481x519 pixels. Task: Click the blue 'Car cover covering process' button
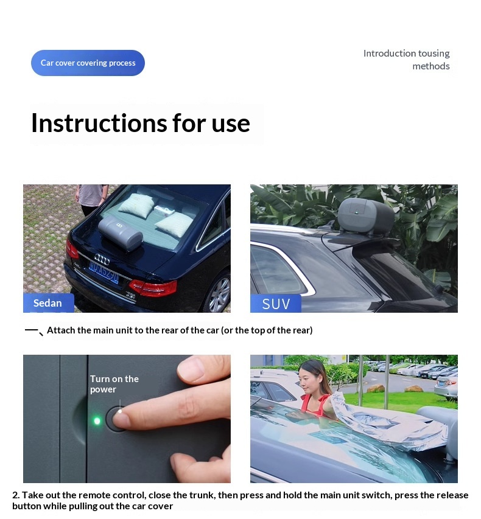88,63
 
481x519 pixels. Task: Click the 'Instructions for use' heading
141,123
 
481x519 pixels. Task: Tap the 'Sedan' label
47,303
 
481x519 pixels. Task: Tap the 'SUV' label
276,304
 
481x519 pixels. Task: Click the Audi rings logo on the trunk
102,259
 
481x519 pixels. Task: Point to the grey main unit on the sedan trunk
121,232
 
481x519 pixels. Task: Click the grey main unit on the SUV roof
366,217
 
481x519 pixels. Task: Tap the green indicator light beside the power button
97,420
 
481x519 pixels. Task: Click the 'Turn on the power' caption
114,384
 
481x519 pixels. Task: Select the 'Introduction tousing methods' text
407,60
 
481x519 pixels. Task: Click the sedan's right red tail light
153,288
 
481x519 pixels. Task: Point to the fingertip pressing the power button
121,418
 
